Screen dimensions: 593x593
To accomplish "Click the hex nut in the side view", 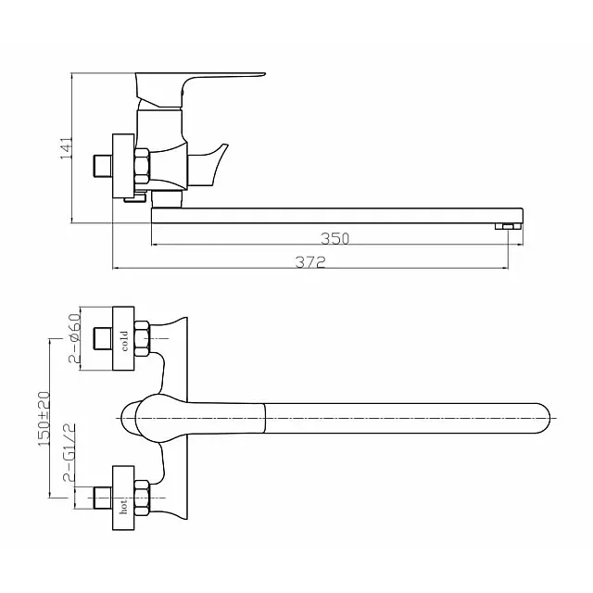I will pyautogui.click(x=143, y=168).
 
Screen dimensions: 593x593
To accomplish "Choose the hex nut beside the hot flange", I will pyautogui.click(x=143, y=497).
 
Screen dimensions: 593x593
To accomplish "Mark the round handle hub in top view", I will pyautogui.click(x=139, y=419).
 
